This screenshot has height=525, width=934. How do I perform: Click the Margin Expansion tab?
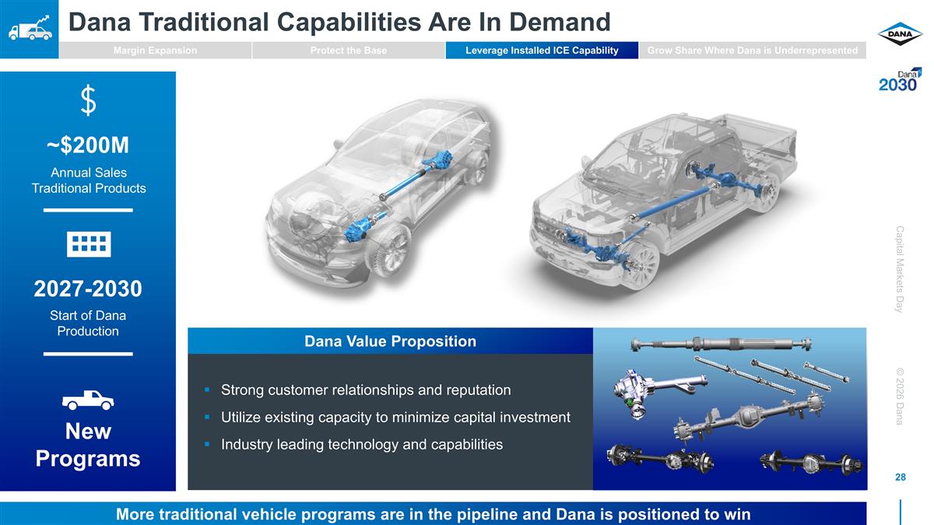155,51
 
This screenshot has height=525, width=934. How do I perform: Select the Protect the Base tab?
348,51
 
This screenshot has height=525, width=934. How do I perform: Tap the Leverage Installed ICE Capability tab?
542,51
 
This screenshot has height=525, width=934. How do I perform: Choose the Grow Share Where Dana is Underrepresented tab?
752,51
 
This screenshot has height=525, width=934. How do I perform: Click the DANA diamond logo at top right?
900,34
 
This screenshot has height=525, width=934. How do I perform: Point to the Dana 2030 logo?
900,80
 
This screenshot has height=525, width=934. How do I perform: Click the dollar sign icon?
88,100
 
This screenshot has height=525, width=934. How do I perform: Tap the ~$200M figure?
88,145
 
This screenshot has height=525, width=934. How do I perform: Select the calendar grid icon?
88,243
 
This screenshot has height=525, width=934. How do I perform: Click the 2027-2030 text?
88,289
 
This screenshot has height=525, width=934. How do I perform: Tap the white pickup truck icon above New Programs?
88,400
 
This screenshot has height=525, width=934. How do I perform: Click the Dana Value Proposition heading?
390,341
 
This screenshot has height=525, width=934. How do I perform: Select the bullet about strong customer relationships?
366,390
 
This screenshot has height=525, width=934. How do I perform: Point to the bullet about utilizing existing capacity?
395,418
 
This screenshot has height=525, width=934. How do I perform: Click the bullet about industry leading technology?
361,445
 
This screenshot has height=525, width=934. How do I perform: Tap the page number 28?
900,478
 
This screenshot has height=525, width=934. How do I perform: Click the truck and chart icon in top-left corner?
29,29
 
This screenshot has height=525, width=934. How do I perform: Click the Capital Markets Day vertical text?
899,269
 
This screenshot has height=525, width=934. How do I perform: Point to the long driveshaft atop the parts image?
721,345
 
